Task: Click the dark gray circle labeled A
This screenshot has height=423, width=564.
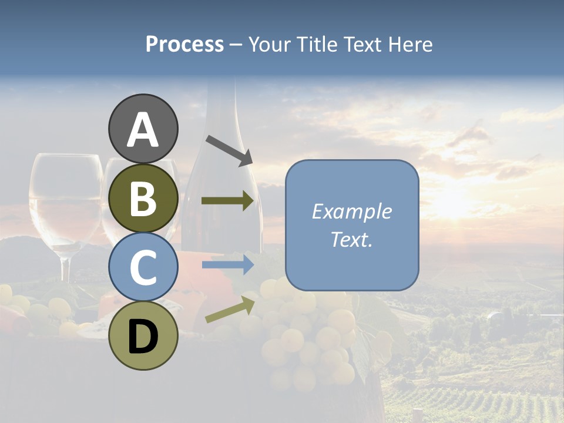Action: point(143,129)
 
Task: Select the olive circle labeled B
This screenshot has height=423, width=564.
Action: point(143,198)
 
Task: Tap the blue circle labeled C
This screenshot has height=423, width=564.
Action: point(143,267)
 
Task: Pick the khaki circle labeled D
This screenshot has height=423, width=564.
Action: point(143,335)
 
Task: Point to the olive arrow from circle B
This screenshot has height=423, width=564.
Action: point(227,201)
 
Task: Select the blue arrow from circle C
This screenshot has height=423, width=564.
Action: point(227,264)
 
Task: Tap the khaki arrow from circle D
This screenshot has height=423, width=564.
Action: point(230,310)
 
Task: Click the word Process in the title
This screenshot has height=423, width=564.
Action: point(184,44)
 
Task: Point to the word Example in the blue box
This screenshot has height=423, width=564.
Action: point(351,211)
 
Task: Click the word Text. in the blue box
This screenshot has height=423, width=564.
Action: point(351,240)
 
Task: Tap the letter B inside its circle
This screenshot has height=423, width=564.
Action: point(143,198)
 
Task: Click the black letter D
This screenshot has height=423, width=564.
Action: point(143,336)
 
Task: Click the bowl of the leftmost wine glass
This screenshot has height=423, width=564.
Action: point(65,200)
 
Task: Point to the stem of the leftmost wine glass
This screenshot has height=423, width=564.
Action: point(65,267)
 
